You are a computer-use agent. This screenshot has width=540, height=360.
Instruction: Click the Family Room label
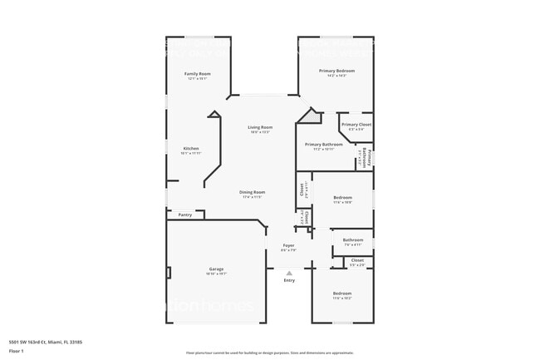[197, 74]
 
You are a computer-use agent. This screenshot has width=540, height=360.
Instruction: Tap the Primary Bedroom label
[336, 71]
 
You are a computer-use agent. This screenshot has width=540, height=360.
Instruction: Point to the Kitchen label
[190, 149]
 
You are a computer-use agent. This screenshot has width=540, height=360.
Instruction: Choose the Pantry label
[184, 215]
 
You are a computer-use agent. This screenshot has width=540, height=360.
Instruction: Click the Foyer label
[288, 245]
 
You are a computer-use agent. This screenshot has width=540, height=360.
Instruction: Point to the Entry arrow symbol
[289, 273]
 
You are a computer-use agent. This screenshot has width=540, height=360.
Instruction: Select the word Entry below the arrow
[289, 280]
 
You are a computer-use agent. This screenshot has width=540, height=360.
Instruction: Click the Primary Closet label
[356, 125]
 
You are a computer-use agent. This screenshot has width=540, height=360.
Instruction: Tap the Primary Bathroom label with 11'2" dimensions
[323, 145]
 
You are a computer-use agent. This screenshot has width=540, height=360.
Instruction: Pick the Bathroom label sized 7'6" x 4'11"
[353, 240]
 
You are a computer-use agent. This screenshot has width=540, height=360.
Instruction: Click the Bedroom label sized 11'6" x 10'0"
[342, 198]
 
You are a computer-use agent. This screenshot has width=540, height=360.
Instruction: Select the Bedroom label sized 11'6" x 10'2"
[342, 293]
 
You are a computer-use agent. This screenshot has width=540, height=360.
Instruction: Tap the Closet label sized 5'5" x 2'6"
[357, 261]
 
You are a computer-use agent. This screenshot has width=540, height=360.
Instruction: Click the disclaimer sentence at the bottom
[269, 353]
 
